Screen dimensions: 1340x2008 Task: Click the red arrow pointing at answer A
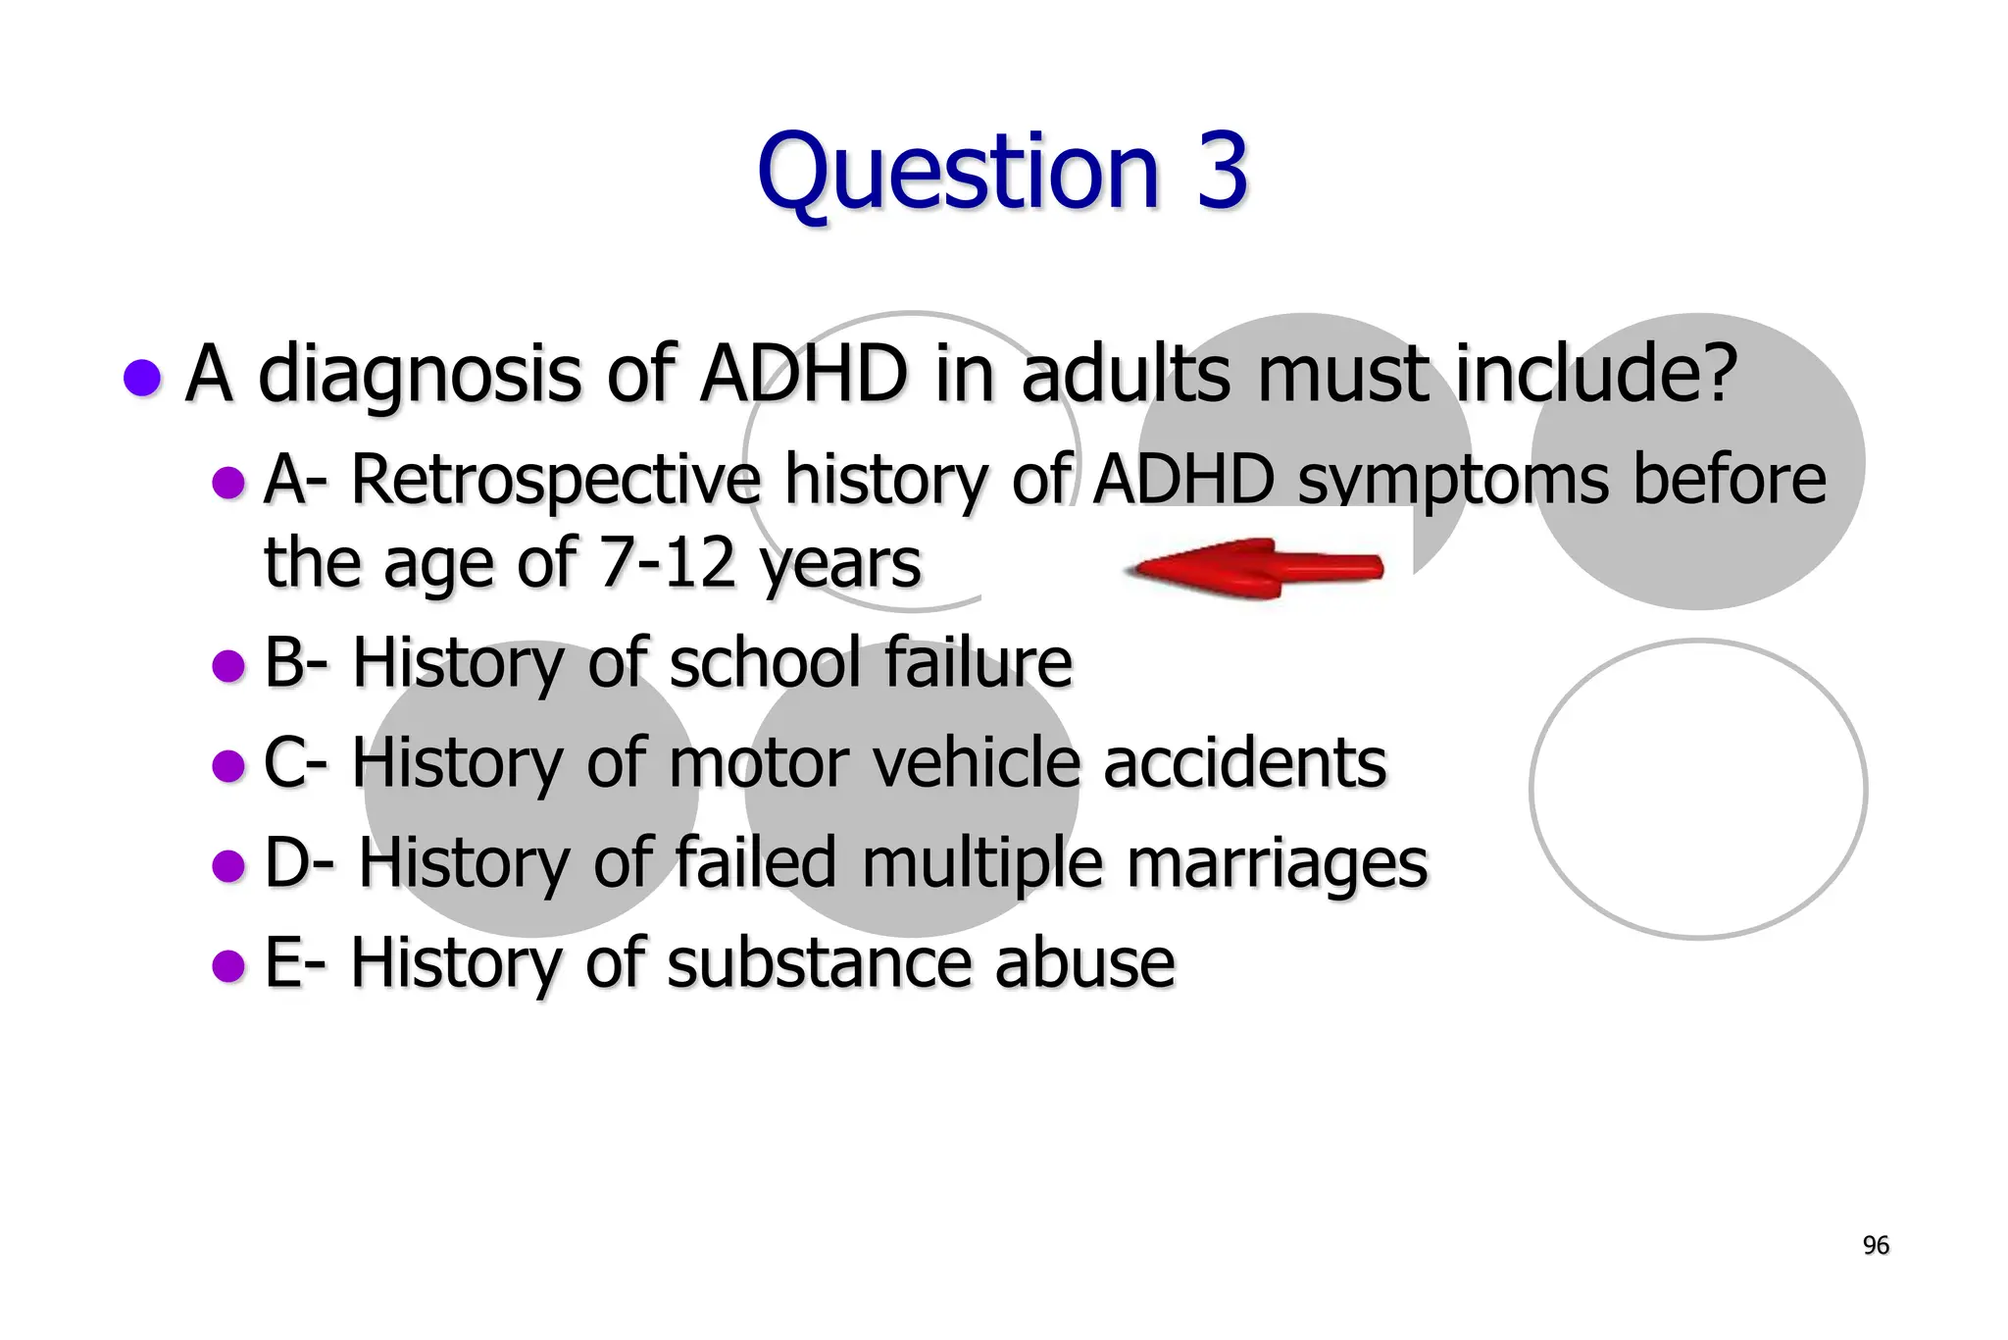(x=1255, y=568)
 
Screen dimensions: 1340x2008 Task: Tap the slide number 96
(x=1875, y=1246)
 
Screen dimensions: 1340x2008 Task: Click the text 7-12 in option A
(x=667, y=563)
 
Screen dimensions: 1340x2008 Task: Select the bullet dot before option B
(x=228, y=666)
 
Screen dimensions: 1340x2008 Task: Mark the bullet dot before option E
(x=228, y=965)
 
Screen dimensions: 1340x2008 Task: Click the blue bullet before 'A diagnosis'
(x=143, y=378)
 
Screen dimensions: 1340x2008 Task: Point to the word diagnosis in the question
(x=421, y=376)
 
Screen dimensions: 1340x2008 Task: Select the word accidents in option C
(x=1245, y=763)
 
